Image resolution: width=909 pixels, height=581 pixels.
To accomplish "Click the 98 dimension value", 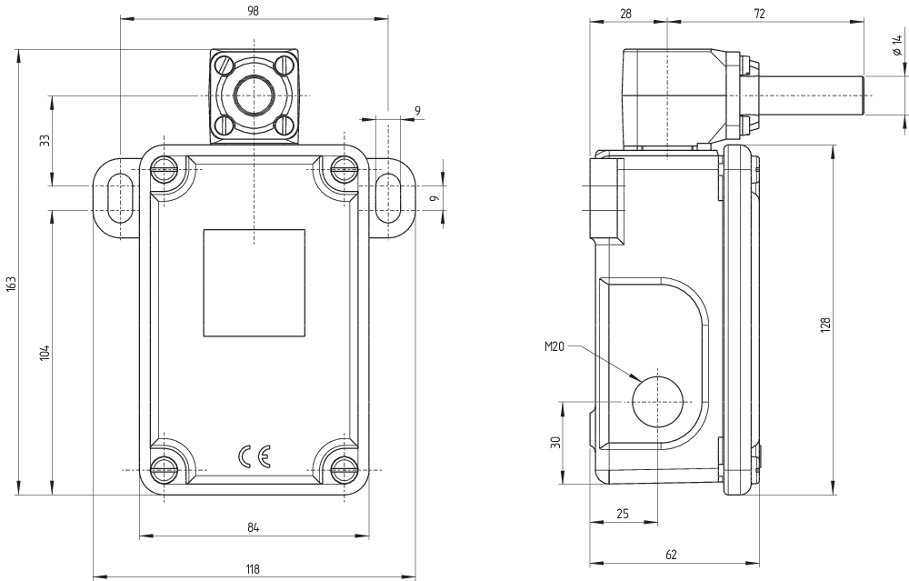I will point(253,11).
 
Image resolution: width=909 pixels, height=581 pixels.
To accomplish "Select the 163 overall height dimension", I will point(11,285).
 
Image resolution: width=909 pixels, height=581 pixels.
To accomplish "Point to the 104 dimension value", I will point(45,353).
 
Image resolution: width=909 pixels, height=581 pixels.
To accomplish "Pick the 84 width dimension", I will point(254,527).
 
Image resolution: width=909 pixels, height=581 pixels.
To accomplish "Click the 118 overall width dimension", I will point(254,569).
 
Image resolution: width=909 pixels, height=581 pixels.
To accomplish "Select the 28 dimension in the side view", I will point(625,13).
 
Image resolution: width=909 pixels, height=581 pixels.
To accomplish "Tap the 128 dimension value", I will point(825,324).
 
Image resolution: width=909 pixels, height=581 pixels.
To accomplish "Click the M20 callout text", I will point(554,346).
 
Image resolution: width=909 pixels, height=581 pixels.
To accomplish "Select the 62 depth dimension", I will point(671,554).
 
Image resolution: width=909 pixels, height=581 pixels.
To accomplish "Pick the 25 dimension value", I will point(623,514).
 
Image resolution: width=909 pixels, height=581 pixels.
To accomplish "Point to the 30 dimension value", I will point(554,443).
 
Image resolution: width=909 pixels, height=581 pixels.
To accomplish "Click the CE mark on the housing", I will point(254,457).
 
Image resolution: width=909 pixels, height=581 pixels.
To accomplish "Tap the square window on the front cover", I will point(254,283).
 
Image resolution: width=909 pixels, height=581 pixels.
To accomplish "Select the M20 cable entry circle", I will point(657,402).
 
